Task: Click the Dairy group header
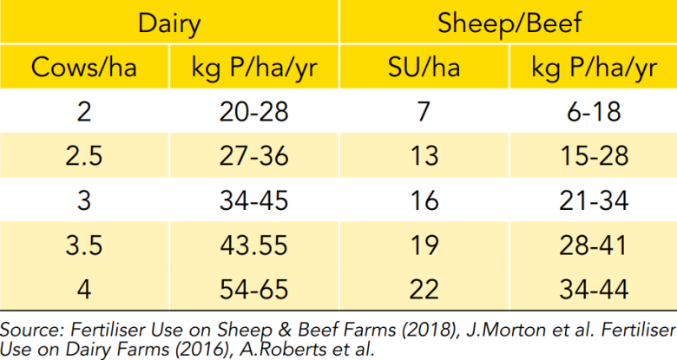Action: coord(169,23)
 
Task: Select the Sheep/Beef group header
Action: coord(509,23)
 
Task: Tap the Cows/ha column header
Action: coord(84,68)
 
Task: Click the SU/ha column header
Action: coord(424,68)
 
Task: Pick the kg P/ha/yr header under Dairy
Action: coord(253,69)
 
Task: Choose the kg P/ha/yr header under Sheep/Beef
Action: coord(594,69)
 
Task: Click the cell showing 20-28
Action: coord(253,112)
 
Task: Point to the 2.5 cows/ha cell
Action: coord(84,156)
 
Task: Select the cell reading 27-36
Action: coord(253,156)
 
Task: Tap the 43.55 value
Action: coord(253,245)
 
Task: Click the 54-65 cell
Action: coord(253,289)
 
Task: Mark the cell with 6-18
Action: coord(594,112)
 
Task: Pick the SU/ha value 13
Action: coord(424,156)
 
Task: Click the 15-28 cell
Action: coord(594,156)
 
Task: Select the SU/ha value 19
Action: coord(424,245)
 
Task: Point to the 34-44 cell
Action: coord(594,289)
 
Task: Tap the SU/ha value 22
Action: coord(424,289)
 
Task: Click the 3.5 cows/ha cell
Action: coord(84,245)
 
